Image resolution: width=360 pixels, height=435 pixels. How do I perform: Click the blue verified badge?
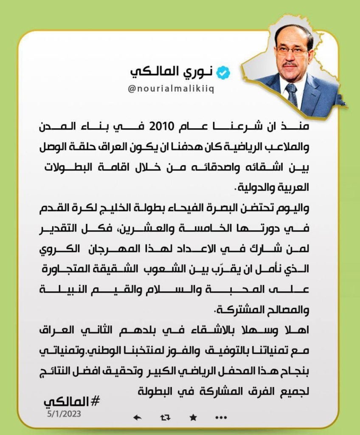[223, 73]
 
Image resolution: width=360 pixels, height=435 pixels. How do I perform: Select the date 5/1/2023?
[64, 412]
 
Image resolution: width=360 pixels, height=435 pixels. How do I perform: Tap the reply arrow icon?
[137, 417]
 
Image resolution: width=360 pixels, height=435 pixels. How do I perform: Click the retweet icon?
[165, 417]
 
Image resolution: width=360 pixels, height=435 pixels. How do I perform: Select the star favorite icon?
[192, 417]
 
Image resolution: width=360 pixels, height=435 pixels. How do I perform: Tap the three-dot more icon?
[221, 417]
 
